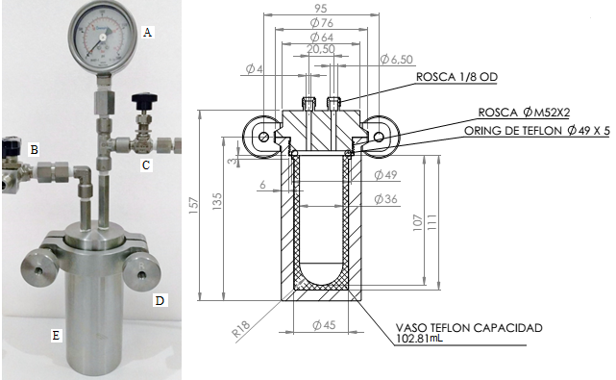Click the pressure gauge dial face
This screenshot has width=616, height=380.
point(102,37)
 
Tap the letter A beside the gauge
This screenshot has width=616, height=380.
point(147,32)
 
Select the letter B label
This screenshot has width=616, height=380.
point(35,149)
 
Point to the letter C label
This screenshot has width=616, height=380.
point(146,165)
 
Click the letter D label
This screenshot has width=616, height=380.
point(160,300)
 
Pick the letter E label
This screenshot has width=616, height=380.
point(56,335)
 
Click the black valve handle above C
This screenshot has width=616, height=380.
point(144,101)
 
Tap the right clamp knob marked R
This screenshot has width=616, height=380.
point(141,270)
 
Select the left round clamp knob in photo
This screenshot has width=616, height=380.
point(39,268)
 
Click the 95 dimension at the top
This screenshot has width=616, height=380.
point(321,8)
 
